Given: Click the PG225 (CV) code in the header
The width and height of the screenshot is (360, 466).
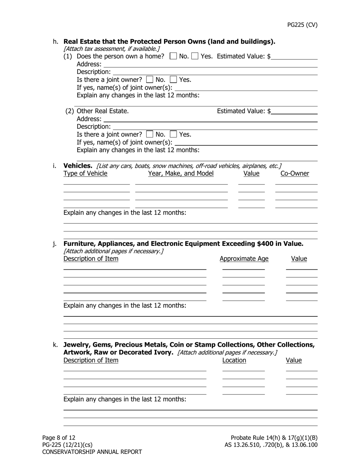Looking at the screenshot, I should coord(302,25).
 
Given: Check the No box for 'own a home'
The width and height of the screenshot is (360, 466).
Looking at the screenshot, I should coord(173,56).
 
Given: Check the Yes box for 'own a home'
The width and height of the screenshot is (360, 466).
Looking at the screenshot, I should coord(195,56).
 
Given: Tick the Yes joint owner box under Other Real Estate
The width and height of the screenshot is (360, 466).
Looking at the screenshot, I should coord(173,134).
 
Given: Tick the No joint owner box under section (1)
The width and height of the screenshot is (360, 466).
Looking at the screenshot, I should coord(150,80).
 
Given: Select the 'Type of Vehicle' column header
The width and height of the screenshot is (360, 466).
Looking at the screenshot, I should coord(85,174).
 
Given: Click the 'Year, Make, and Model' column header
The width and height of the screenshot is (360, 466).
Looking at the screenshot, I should coord(181,174).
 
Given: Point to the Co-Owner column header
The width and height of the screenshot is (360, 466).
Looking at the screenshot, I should coord(295,174).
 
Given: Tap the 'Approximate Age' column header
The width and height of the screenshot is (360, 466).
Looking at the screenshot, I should coord(244,259).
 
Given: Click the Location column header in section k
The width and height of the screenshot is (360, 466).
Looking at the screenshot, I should coord(234,360).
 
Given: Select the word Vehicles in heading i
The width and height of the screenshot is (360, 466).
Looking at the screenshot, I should coord(78,166).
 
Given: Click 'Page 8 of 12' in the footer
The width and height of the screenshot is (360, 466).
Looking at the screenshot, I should coord(59,438).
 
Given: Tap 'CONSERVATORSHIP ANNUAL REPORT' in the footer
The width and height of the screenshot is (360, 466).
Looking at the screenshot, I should coord(92,452).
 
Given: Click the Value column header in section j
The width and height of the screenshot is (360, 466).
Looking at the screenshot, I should coord(299,259).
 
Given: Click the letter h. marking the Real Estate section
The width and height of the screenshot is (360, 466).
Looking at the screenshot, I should coord(56,41).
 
